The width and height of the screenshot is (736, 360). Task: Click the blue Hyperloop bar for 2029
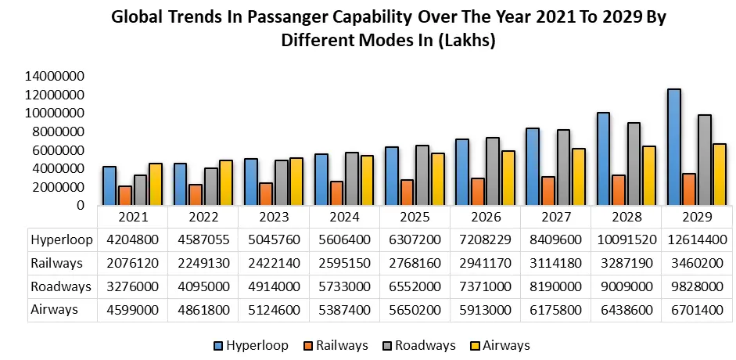[x=673, y=147]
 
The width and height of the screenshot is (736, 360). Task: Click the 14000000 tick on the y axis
[x=55, y=77]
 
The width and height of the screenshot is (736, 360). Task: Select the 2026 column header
[x=486, y=216]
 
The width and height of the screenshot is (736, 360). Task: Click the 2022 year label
[x=203, y=216]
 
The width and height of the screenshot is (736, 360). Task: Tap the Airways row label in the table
[x=55, y=309]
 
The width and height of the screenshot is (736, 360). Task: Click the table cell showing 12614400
[x=697, y=239]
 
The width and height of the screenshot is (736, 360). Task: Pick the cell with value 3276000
[x=132, y=286]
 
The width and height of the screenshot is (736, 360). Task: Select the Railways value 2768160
[x=415, y=263]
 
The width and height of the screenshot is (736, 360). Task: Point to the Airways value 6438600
[x=626, y=309]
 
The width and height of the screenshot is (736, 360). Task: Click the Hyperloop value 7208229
[x=486, y=239]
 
